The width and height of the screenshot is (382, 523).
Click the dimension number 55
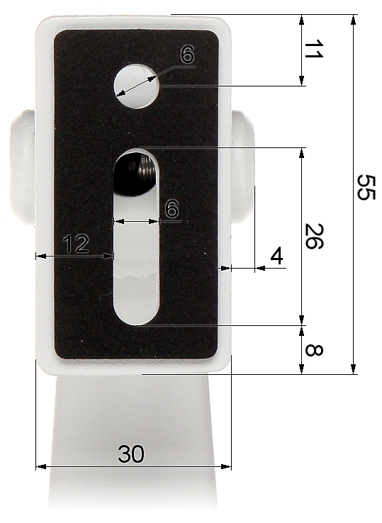(x=366, y=187)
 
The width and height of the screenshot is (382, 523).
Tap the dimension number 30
(x=131, y=454)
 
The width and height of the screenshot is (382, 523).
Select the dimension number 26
(x=315, y=236)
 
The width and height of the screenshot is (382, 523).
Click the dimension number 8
(x=314, y=350)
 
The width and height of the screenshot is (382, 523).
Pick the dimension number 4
(x=276, y=256)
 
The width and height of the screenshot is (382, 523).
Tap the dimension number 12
(x=76, y=244)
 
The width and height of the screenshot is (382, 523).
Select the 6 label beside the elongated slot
(x=172, y=209)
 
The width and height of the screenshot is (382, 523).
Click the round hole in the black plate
(x=137, y=86)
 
